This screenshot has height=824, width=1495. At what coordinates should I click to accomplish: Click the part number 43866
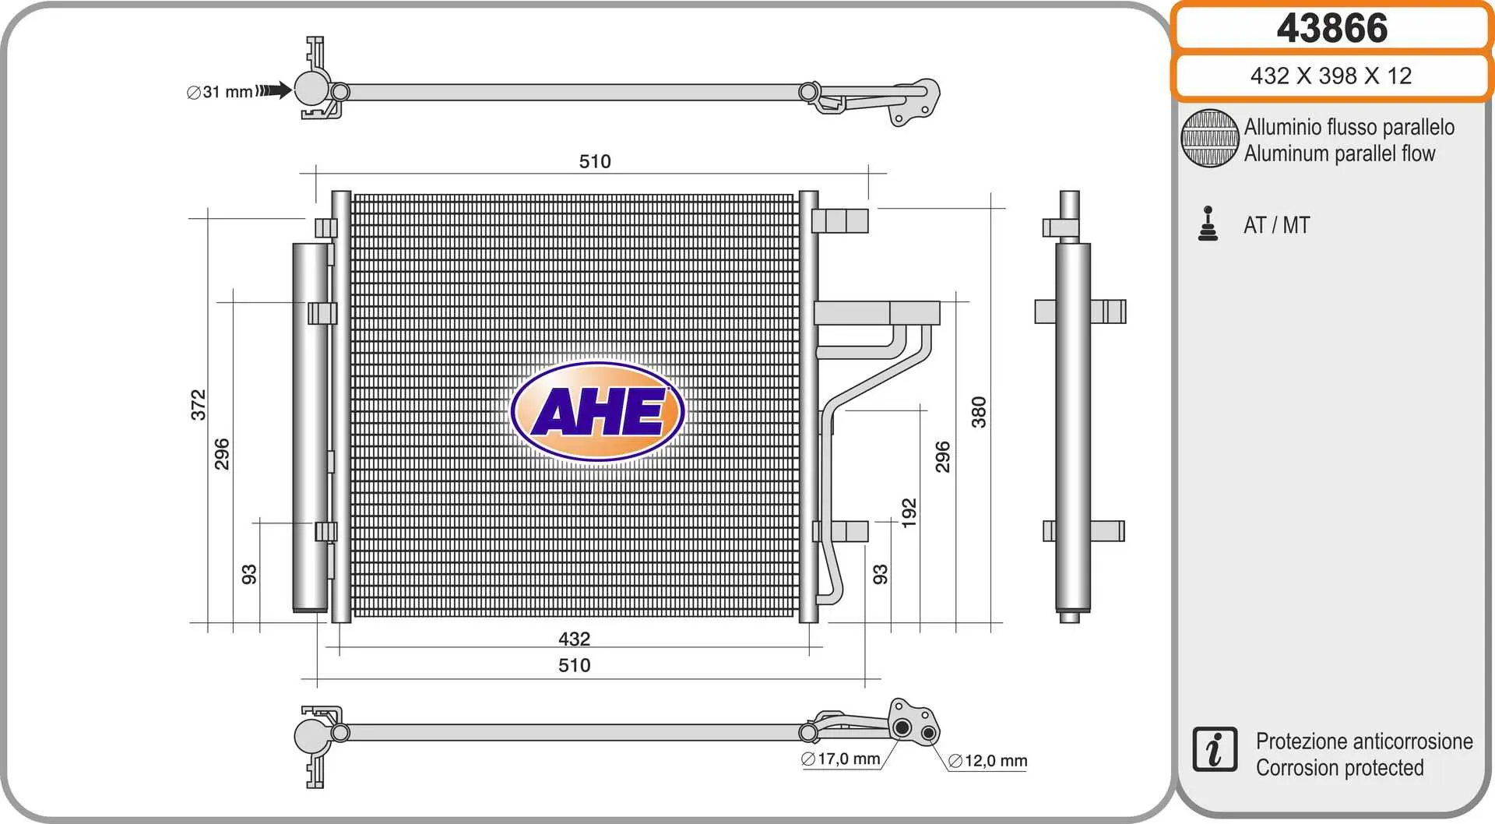(1331, 28)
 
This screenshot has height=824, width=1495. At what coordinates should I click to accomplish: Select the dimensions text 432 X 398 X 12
(1331, 76)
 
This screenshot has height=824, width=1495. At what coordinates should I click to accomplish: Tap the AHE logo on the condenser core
(597, 411)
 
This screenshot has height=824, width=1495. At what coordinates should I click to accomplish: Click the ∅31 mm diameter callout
(220, 92)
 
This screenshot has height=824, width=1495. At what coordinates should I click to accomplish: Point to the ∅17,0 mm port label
(840, 759)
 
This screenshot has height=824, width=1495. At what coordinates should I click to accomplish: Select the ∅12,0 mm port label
(988, 761)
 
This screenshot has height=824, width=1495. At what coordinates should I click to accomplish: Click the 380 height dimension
(979, 412)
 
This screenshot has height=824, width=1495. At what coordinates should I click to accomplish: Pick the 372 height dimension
(199, 405)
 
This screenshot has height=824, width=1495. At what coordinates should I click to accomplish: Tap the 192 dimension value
(909, 513)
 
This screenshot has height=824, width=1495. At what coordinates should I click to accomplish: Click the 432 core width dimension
(575, 639)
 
